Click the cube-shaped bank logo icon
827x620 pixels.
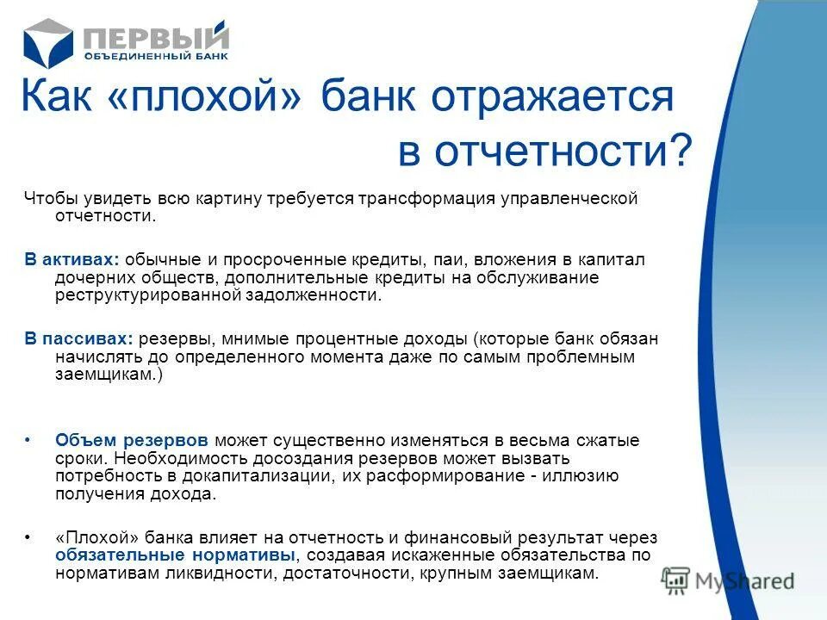(x=48, y=42)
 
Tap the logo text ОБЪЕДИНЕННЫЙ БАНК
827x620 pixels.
(x=156, y=57)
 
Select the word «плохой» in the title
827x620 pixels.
(x=207, y=97)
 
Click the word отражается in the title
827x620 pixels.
(x=552, y=97)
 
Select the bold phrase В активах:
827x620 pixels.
(x=72, y=260)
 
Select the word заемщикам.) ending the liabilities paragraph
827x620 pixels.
(x=109, y=375)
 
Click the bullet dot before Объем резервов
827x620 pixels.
(x=28, y=440)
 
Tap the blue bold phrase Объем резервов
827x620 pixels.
(x=133, y=440)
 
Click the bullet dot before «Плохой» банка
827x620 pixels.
(x=28, y=537)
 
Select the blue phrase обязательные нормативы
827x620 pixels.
(x=176, y=555)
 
